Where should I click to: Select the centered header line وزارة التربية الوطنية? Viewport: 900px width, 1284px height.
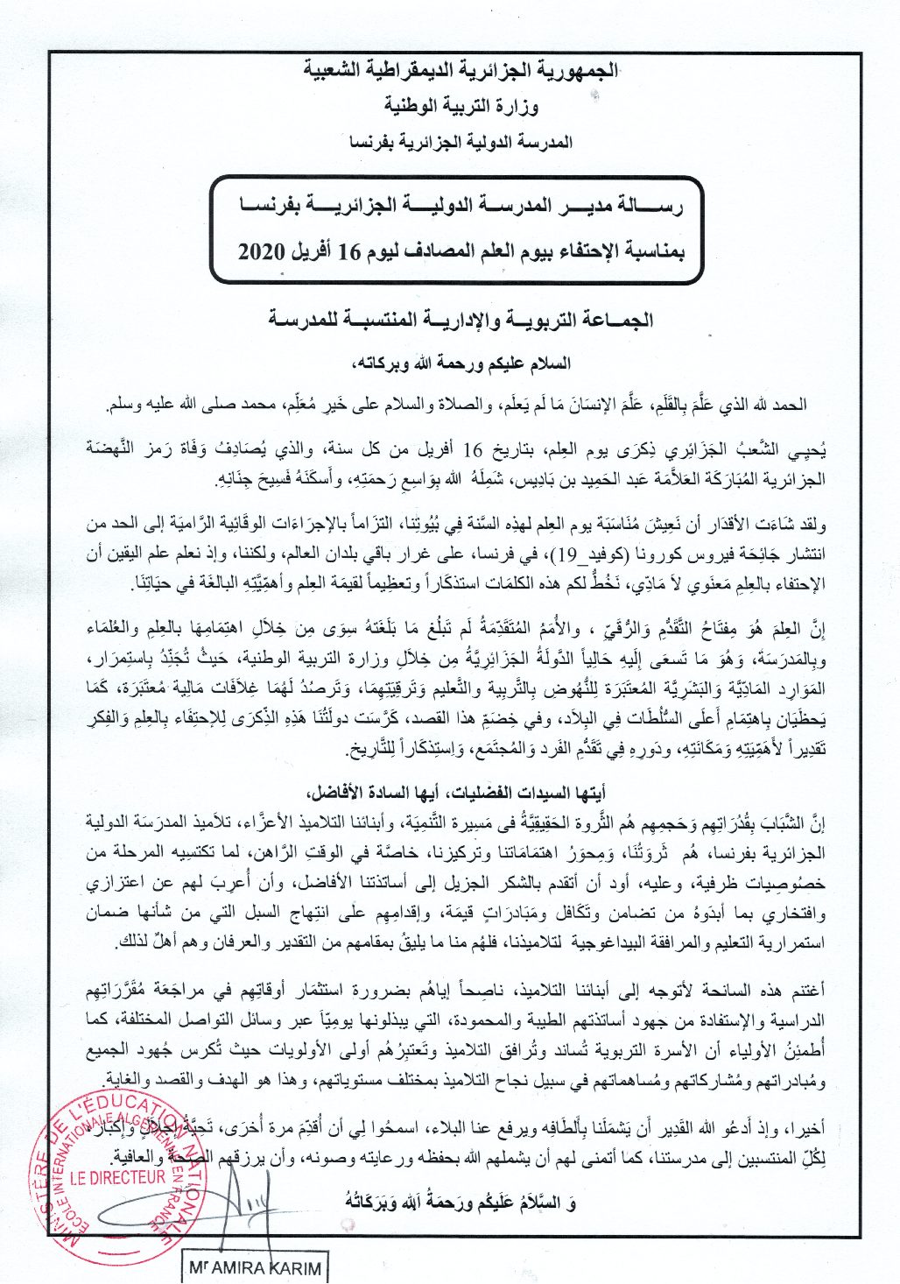[461, 106]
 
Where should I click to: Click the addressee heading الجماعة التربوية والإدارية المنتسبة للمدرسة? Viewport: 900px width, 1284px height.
[461, 320]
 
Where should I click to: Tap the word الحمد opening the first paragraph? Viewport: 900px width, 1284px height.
[790, 405]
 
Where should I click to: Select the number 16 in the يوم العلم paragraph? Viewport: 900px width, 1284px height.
[473, 451]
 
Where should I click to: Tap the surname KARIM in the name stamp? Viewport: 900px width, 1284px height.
[294, 1268]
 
